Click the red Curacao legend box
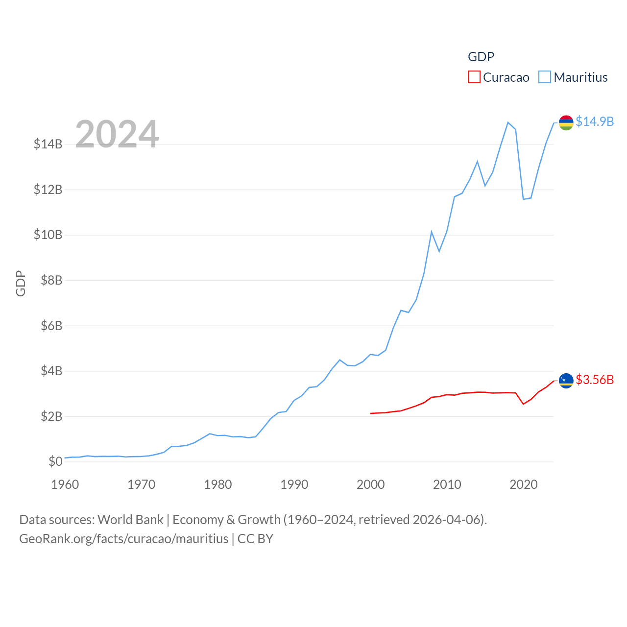tap(474, 77)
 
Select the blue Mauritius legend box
tap(544, 77)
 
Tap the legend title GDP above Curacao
tap(481, 57)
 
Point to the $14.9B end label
tap(594, 121)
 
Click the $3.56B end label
tap(594, 380)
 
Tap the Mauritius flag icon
tap(566, 122)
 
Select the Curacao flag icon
tap(566, 381)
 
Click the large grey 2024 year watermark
tap(117, 134)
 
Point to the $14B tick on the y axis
tap(48, 144)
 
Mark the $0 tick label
tap(55, 461)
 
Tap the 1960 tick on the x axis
tap(65, 484)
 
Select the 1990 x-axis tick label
tap(294, 484)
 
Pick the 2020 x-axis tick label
tap(523, 484)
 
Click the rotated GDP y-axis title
tap(21, 283)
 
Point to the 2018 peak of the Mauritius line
tap(508, 122)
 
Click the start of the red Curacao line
tap(371, 413)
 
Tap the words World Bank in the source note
tap(130, 519)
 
